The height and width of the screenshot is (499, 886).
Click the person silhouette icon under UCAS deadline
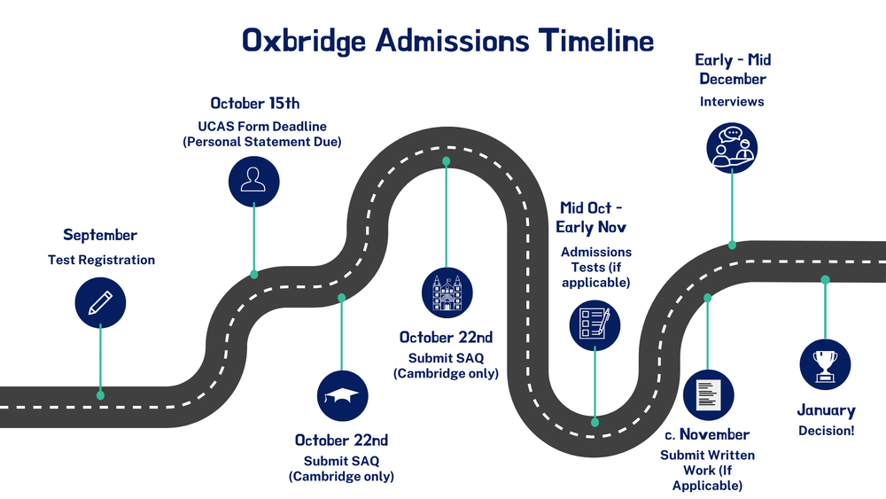pos(254,179)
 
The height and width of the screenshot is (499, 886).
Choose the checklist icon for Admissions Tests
pos(595,325)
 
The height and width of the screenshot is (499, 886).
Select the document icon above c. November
pos(708,394)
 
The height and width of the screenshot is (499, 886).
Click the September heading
pos(100,235)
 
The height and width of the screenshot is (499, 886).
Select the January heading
pos(826,410)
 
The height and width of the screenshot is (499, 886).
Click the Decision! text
pos(826,430)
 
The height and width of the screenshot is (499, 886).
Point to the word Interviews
pos(732,102)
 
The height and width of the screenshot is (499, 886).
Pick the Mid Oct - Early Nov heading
pos(592,217)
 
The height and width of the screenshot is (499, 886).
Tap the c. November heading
pos(707,435)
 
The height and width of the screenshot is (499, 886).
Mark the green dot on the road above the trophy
pos(825,280)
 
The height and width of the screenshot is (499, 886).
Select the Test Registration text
pos(101,260)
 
